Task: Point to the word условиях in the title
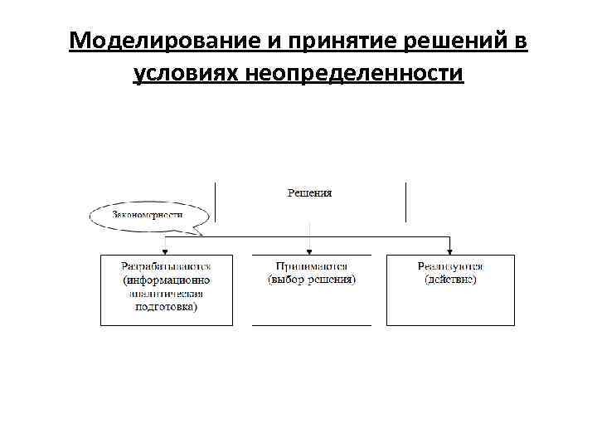coord(183,74)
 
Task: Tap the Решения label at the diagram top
coord(309,193)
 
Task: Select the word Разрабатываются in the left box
coord(166,266)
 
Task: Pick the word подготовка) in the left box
coord(166,306)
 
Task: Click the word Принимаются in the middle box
coord(310,266)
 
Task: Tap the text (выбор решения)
coord(310,280)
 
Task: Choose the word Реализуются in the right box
coord(450,266)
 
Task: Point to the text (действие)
coord(450,280)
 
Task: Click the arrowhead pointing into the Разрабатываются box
coord(166,250)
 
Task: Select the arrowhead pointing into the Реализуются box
coord(450,250)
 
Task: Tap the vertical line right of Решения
coord(405,202)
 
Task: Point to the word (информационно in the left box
coord(166,280)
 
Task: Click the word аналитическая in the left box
coord(166,293)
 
